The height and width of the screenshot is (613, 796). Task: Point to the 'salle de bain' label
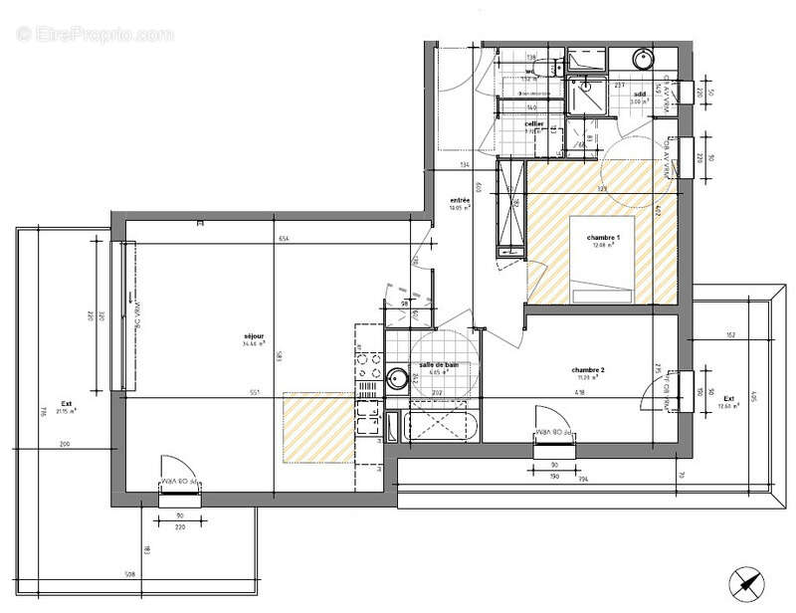439,365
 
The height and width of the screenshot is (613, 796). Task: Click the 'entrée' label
459,199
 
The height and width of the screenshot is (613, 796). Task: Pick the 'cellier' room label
533,123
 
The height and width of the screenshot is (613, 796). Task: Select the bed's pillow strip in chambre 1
605,296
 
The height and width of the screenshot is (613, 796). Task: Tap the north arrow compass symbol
744,583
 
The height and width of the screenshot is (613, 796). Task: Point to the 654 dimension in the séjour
283,240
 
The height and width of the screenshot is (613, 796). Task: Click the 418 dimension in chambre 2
579,392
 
